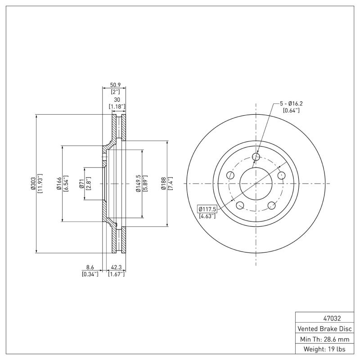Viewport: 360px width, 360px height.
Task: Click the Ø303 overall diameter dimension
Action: coord(33,184)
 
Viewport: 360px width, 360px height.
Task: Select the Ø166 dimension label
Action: coord(59,184)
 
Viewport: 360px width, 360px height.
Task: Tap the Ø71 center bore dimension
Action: coord(81,184)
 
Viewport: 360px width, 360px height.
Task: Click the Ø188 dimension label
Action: coord(164,184)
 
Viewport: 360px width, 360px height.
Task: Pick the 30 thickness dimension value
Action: coord(117,99)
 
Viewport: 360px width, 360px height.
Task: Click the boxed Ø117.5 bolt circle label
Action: coord(207,209)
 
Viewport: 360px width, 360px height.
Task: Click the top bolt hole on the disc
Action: coord(256,157)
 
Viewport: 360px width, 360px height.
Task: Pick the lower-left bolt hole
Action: coord(240,206)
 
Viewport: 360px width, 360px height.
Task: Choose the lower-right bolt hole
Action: coord(272,206)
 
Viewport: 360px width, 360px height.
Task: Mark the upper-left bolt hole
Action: coord(230,175)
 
